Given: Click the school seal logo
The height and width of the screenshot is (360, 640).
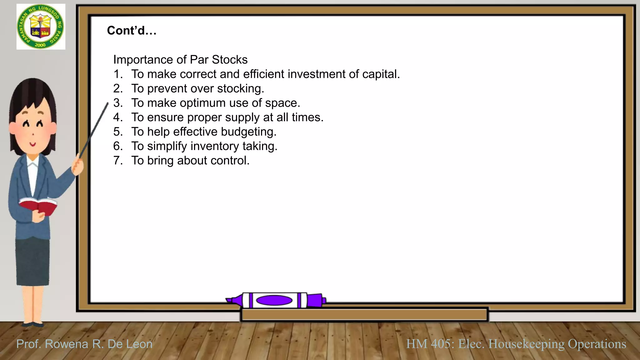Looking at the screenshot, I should click(41, 27).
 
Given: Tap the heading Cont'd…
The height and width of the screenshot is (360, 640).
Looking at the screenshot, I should click(132, 31).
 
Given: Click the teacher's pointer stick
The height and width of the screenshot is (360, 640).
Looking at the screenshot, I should click(94, 130).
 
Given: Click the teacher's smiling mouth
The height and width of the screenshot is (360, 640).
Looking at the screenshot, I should click(33, 144).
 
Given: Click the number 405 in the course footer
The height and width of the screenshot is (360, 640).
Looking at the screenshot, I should click(441, 344).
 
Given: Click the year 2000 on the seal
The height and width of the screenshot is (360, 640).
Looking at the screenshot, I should click(40, 45).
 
